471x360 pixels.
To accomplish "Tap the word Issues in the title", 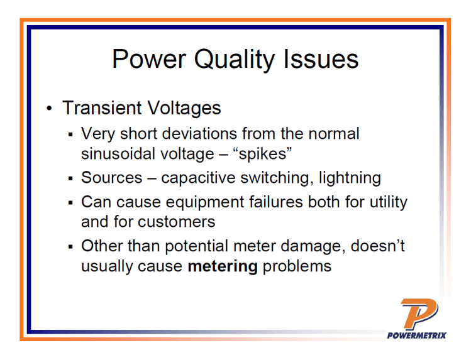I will (326, 59).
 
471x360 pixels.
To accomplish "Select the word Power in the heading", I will (148, 59).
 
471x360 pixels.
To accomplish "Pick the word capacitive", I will (205, 178).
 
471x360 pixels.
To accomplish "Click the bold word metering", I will (223, 266).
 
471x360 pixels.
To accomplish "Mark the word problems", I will (297, 266).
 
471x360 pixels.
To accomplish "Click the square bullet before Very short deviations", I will (72, 134).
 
